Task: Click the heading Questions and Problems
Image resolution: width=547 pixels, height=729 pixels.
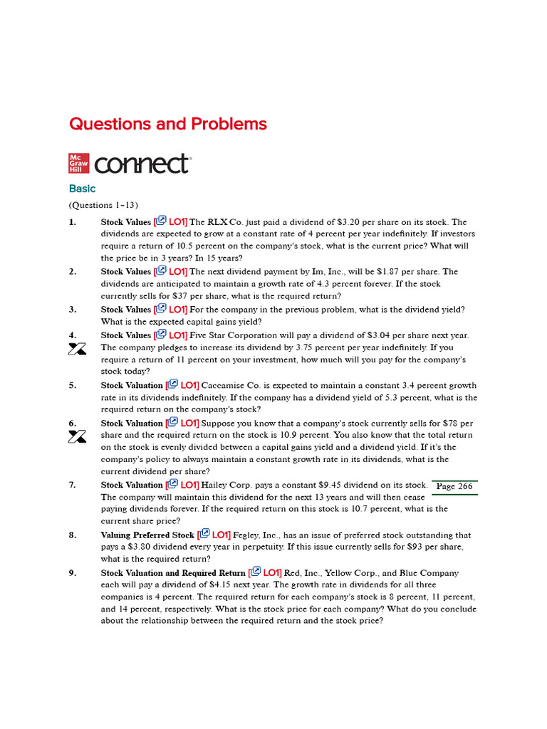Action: click(x=167, y=125)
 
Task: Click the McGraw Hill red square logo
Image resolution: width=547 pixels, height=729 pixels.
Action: click(x=78, y=163)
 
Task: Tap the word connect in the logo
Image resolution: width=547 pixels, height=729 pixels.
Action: click(x=142, y=164)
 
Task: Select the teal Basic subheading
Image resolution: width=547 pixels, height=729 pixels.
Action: click(x=82, y=189)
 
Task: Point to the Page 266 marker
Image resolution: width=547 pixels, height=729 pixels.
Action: click(x=454, y=487)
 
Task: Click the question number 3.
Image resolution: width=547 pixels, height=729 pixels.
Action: click(x=72, y=310)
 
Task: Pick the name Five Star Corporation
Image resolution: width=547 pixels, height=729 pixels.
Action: click(x=244, y=335)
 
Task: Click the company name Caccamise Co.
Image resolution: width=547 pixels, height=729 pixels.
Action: click(x=231, y=386)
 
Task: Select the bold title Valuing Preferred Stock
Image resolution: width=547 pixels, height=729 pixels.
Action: click(x=147, y=535)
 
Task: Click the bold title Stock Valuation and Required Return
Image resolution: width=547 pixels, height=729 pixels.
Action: click(x=173, y=573)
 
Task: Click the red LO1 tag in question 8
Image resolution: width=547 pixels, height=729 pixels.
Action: click(x=221, y=535)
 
